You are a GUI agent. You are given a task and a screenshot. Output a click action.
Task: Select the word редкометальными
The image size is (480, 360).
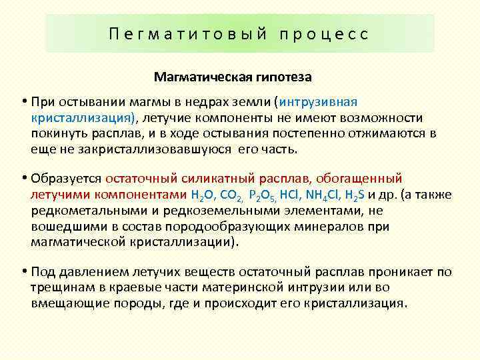click(x=77, y=211)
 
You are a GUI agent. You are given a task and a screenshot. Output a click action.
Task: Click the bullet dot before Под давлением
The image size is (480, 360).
click(x=23, y=271)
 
